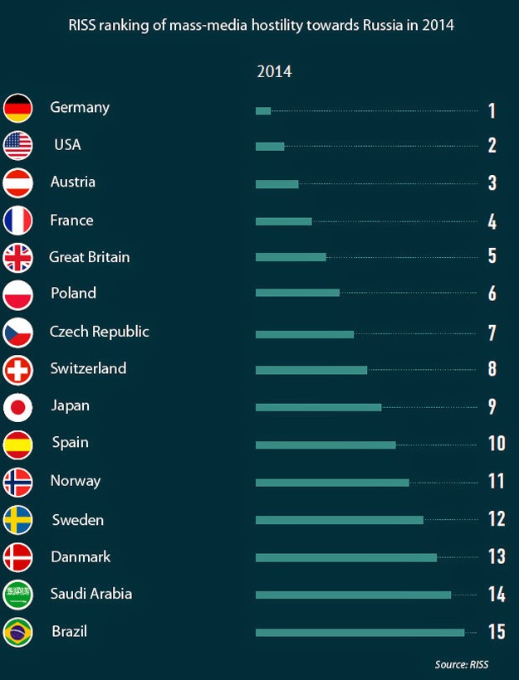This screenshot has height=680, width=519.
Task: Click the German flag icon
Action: tap(17, 109)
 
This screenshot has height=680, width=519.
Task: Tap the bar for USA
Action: tap(270, 147)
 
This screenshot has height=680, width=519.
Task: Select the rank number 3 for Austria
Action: tap(492, 183)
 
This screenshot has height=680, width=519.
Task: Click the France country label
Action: tap(71, 220)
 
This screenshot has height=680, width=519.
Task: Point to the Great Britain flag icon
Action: tap(17, 258)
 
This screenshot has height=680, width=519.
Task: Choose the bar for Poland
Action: tap(297, 293)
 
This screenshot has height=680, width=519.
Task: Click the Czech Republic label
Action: tap(100, 331)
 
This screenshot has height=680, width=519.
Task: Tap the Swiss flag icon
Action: tap(17, 370)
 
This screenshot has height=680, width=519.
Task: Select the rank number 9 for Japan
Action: tap(492, 406)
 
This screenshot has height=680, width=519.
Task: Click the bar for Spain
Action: tap(326, 444)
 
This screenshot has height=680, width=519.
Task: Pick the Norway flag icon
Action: tap(17, 482)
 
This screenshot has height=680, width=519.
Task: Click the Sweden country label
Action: tap(78, 520)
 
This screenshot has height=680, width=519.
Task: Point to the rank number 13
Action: tap(496, 556)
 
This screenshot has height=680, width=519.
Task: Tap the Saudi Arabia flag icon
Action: tap(17, 594)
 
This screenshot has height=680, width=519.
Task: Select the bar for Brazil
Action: tap(360, 633)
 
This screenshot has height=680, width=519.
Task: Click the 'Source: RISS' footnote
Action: tap(462, 664)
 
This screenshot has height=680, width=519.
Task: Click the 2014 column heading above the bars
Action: tap(274, 71)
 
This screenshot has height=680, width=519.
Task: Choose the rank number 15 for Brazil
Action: tap(496, 632)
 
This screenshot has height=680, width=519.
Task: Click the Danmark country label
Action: tap(81, 556)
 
